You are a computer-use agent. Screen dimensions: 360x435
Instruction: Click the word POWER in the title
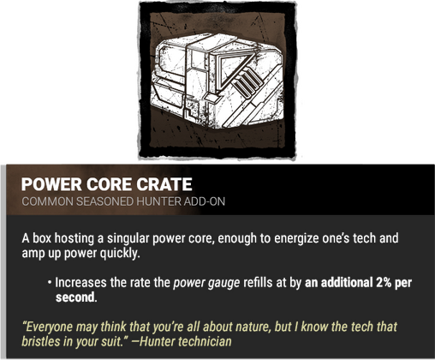click(x=51, y=186)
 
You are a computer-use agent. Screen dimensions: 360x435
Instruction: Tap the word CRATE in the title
click(x=164, y=186)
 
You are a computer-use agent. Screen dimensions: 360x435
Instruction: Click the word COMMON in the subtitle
click(x=46, y=205)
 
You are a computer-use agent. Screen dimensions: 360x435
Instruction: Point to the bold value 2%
click(x=371, y=280)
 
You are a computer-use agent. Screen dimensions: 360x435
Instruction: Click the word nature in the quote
click(x=275, y=326)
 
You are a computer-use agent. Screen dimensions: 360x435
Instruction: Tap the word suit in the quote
click(x=111, y=341)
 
